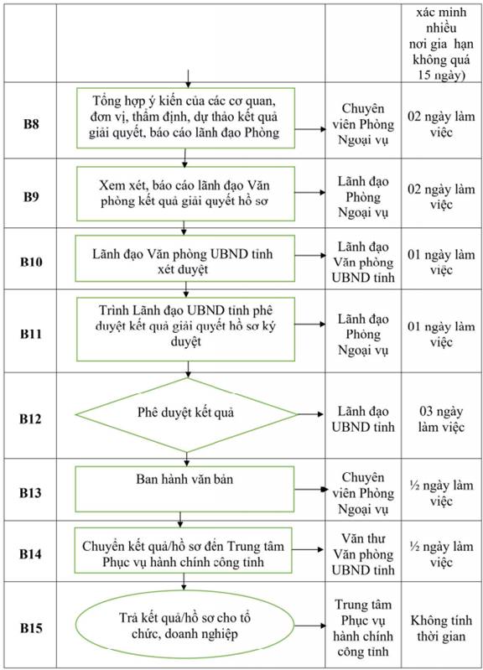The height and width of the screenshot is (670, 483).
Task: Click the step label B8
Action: pyautogui.click(x=31, y=124)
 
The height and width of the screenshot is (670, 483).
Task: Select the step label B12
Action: pyautogui.click(x=31, y=418)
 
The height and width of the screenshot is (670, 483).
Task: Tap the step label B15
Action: pyautogui.click(x=31, y=628)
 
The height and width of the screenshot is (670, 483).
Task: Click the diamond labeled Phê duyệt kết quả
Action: pyautogui.click(x=186, y=414)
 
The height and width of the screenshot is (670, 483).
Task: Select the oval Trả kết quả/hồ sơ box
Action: pyautogui.click(x=185, y=626)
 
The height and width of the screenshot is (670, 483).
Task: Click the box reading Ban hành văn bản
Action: pyautogui.click(x=184, y=489)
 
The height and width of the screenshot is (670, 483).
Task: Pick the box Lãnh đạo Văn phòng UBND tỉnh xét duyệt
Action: pyautogui.click(x=184, y=258)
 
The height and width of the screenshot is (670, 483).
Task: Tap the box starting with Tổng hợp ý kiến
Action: pyautogui.click(x=185, y=118)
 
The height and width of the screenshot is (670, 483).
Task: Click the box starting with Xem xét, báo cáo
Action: pyautogui.click(x=185, y=194)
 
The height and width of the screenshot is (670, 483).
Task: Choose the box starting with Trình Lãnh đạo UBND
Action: pyautogui.click(x=185, y=329)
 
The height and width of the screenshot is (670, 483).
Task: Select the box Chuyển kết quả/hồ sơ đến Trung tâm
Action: pyautogui.click(x=183, y=550)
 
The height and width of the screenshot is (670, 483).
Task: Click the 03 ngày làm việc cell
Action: pyautogui.click(x=441, y=418)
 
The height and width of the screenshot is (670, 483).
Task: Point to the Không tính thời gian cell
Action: pyautogui.click(x=441, y=628)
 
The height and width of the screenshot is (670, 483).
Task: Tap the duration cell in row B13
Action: pyautogui.click(x=441, y=493)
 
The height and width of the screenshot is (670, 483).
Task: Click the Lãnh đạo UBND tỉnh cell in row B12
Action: pyautogui.click(x=363, y=418)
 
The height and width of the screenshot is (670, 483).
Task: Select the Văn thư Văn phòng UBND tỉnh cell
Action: pyautogui.click(x=363, y=553)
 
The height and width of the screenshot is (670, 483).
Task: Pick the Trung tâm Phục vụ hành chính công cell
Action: pyautogui.click(x=363, y=628)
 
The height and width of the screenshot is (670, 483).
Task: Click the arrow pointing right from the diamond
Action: pyautogui.click(x=310, y=414)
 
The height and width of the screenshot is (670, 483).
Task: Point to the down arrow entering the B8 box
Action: pyautogui.click(x=188, y=78)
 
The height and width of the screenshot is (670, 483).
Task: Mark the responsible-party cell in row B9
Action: pyautogui.click(x=363, y=196)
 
